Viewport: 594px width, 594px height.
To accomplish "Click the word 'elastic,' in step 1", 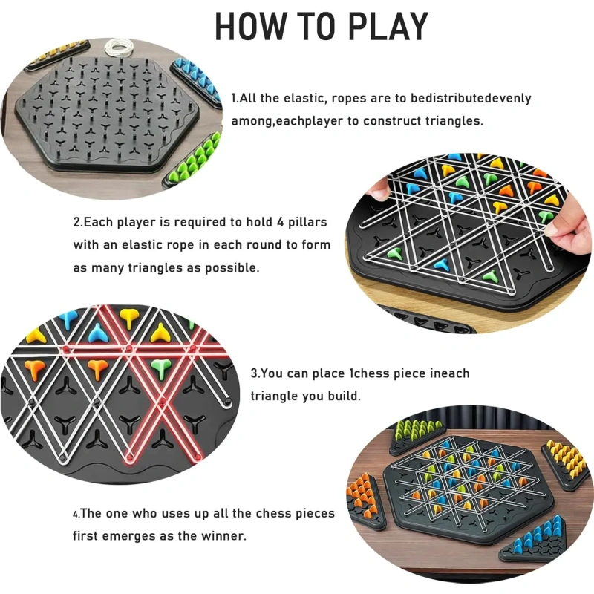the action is (x=305, y=98).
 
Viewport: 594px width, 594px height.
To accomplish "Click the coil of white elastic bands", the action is (x=119, y=47).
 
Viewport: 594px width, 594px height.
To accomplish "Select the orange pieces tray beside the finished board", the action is (x=365, y=500).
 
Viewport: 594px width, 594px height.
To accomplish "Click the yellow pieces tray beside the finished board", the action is (x=567, y=464).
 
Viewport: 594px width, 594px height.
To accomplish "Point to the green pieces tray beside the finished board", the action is (x=417, y=435).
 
